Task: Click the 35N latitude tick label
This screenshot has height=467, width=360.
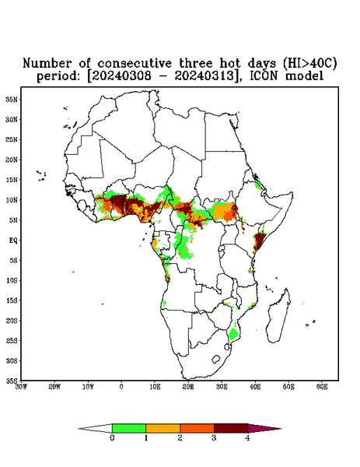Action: (x=12, y=99)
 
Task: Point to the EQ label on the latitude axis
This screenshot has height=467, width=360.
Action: (x=12, y=240)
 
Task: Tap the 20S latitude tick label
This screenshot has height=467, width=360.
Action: (x=12, y=321)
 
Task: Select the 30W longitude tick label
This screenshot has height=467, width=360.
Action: (x=21, y=387)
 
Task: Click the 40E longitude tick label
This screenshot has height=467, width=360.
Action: (x=255, y=387)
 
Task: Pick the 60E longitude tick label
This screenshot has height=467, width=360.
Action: (x=322, y=387)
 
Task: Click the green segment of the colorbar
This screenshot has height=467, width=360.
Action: (x=129, y=428)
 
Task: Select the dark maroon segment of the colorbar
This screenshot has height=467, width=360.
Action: (x=231, y=428)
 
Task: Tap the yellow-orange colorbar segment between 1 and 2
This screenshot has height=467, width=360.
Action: (x=163, y=428)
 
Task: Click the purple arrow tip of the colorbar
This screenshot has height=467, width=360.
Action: (x=264, y=429)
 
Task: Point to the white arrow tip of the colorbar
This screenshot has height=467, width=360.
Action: (x=95, y=429)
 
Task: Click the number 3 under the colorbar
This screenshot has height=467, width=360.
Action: (x=214, y=438)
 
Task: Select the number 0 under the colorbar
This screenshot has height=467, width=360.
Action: (x=112, y=438)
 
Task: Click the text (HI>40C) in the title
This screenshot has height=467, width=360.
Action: (x=309, y=64)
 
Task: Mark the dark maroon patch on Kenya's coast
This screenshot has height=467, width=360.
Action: (x=260, y=241)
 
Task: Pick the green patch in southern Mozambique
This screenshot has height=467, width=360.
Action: (x=233, y=334)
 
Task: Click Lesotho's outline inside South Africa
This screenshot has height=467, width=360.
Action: (x=216, y=359)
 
